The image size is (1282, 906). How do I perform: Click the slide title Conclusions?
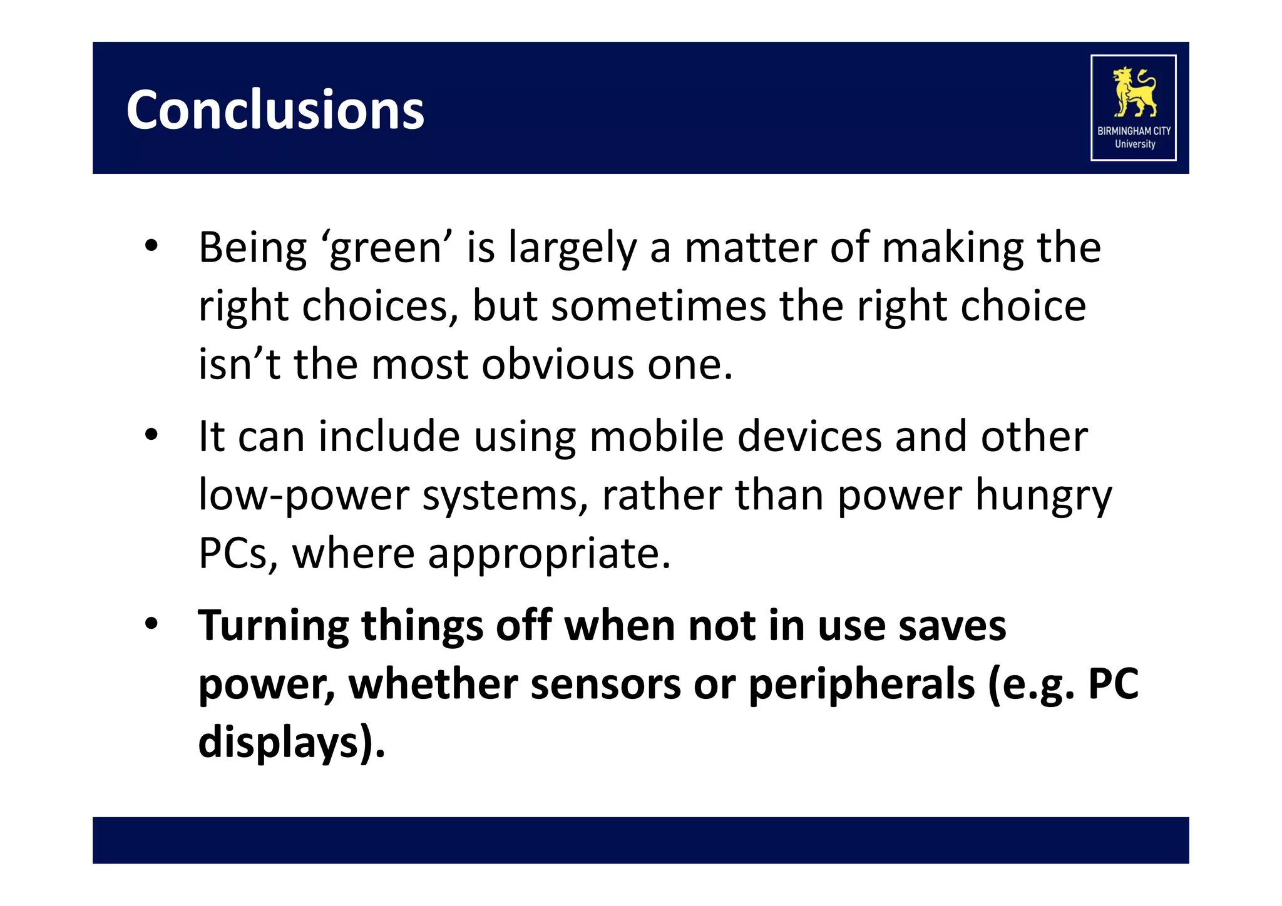pos(275,110)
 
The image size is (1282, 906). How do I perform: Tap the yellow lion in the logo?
pos(1134,92)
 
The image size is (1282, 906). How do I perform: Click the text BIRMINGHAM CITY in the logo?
pos(1134,131)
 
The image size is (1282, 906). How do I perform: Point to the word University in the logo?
pos(1134,144)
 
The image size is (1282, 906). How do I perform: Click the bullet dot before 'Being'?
pos(151,246)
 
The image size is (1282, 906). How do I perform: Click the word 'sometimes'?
pos(658,307)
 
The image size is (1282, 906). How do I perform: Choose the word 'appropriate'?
pos(549,554)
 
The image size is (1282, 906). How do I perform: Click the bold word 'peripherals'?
pos(861,684)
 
